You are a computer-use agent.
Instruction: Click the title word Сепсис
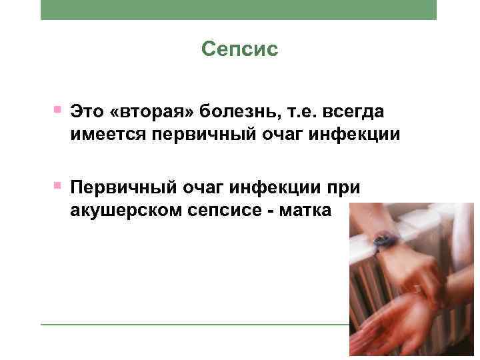click(x=239, y=50)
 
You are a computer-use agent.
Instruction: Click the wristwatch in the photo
click(x=385, y=242)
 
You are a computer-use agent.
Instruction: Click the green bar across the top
click(x=239, y=9)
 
